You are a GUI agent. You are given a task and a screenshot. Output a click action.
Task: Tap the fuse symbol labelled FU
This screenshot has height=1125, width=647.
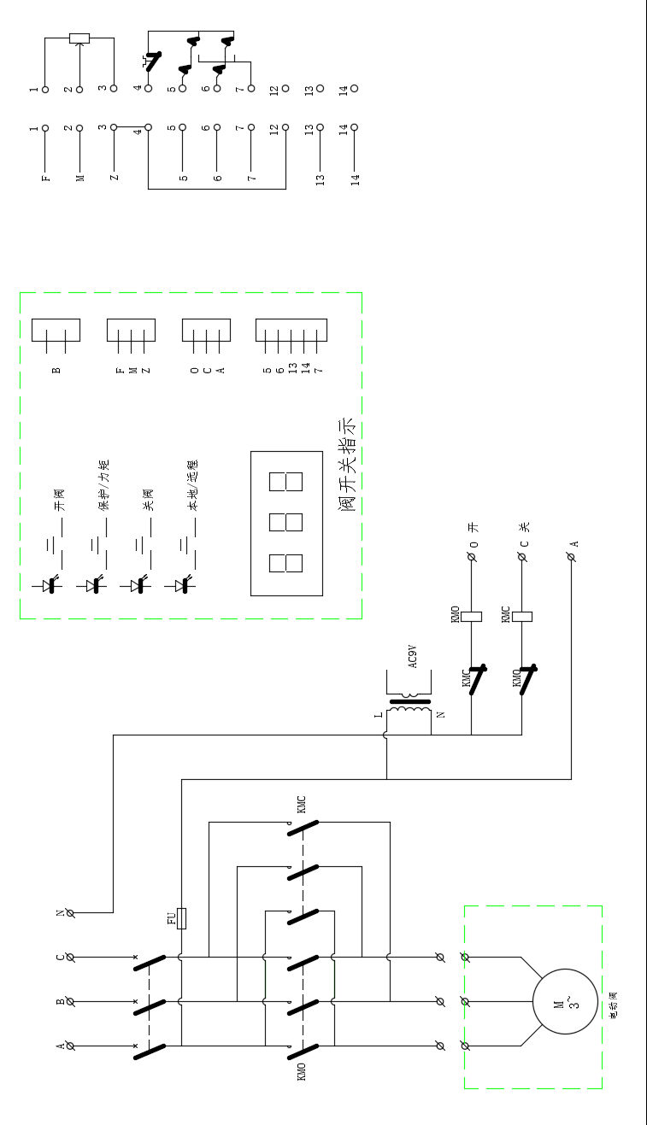181,917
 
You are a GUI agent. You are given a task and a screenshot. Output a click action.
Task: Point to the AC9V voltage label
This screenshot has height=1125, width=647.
413,658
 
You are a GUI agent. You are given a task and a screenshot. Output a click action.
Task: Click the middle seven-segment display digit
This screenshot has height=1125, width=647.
285,523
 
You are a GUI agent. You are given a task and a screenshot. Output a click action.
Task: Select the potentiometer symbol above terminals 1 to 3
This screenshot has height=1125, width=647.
79,38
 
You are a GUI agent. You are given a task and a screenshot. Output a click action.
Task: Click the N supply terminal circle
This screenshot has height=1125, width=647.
71,912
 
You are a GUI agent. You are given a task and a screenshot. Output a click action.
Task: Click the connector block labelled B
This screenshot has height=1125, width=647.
56,331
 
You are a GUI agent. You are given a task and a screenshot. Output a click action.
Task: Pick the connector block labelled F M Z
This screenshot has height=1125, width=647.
131,331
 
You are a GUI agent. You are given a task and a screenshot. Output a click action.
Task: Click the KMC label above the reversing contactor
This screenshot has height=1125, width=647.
301,804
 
